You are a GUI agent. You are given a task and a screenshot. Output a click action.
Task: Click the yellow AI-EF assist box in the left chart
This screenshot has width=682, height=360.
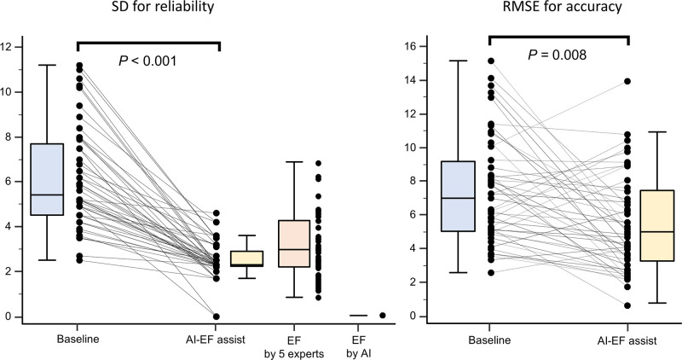click(247, 258)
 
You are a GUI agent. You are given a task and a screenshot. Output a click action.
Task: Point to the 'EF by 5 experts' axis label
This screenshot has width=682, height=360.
click(293, 344)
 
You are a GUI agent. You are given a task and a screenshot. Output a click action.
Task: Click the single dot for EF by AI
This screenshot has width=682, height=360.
click(382, 316)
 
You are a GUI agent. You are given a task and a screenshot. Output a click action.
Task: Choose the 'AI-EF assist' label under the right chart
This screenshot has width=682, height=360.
click(628, 339)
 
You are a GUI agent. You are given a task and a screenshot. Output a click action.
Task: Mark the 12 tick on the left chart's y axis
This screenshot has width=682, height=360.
click(8, 47)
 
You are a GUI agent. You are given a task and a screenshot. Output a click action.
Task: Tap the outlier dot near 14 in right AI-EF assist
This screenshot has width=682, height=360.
click(627, 81)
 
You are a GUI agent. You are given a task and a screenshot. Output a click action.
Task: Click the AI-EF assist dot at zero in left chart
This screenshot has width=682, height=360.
click(217, 316)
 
